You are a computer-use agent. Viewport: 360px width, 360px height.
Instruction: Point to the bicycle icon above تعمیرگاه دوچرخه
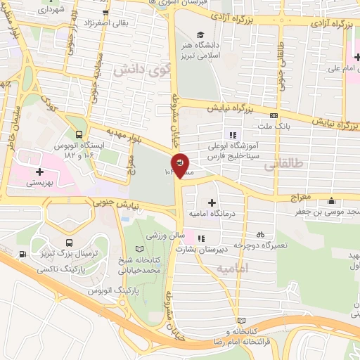(x=260, y=234)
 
